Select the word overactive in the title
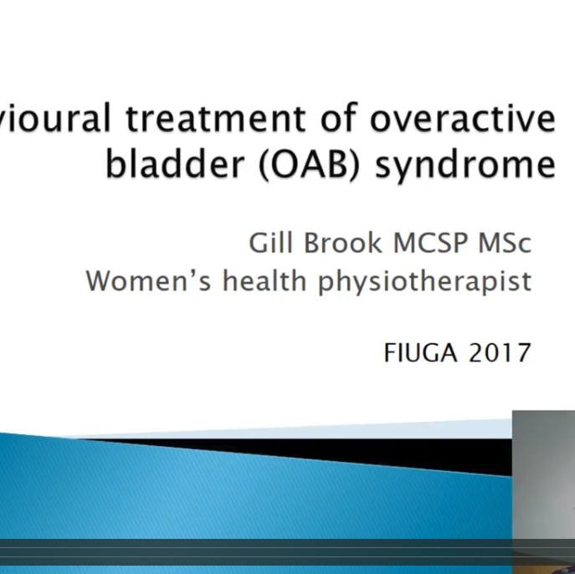tap(463, 120)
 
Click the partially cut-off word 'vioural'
tap(55, 120)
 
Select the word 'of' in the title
tap(339, 120)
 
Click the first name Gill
tap(269, 243)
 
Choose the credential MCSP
tap(432, 243)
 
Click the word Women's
tap(148, 280)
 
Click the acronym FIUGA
tap(421, 353)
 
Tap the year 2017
tap(500, 353)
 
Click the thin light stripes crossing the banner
tap(251, 553)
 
